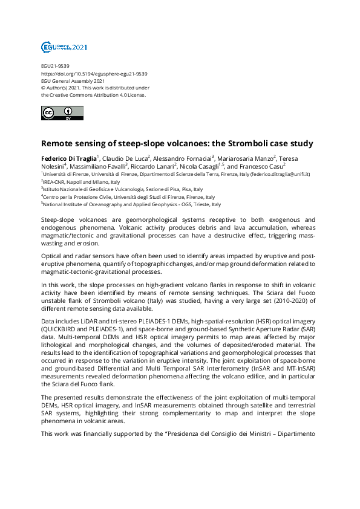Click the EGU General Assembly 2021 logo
(64, 47)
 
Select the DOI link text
(94, 74)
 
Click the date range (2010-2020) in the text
(214, 300)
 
